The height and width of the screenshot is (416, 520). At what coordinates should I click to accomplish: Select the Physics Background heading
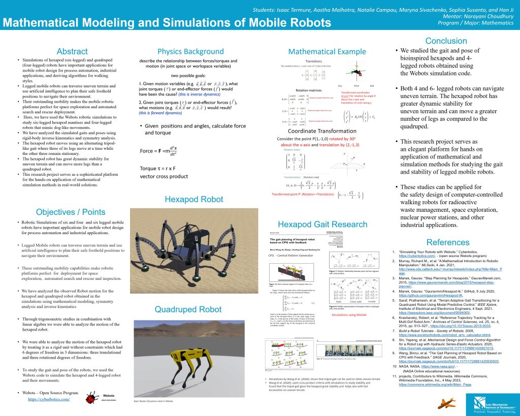click(x=183, y=52)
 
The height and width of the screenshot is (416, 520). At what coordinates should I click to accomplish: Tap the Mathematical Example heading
click(x=327, y=52)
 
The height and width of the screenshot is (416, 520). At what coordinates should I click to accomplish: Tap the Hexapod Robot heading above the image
click(x=194, y=200)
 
